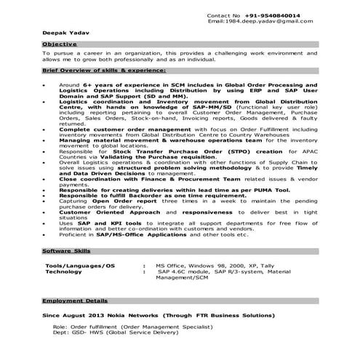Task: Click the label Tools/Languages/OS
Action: (80, 266)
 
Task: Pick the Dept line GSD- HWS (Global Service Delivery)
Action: (124, 335)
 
